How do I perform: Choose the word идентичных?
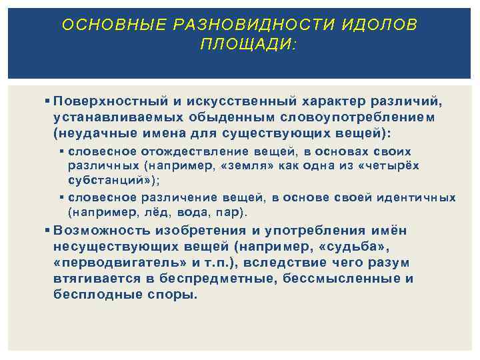point(416,197)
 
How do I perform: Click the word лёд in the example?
point(157,213)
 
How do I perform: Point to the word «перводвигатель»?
point(111,263)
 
